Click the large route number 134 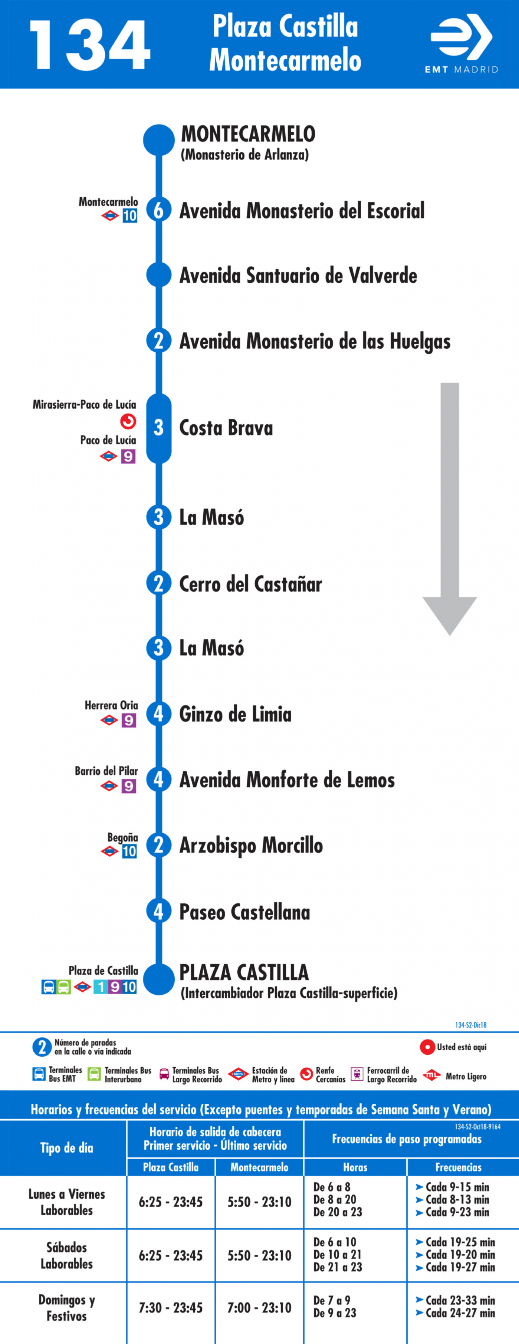pyautogui.click(x=90, y=45)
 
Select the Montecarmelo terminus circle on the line pyautogui.click(x=159, y=140)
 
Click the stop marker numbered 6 pyautogui.click(x=159, y=210)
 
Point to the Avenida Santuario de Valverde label pyautogui.click(x=298, y=276)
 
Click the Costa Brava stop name pyautogui.click(x=226, y=428)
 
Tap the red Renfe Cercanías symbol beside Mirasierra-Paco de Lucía pyautogui.click(x=128, y=421)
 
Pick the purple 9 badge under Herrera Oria pyautogui.click(x=128, y=721)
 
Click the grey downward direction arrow pyautogui.click(x=450, y=509)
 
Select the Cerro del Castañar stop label pyautogui.click(x=251, y=584)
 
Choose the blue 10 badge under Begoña pyautogui.click(x=129, y=851)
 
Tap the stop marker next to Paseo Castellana pyautogui.click(x=159, y=912)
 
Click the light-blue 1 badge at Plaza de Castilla pyautogui.click(x=101, y=987)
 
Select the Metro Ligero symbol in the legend pyautogui.click(x=431, y=1075)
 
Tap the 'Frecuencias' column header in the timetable pyautogui.click(x=459, y=1167)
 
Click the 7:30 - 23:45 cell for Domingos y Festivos pyautogui.click(x=170, y=1308)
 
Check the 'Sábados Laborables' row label pyautogui.click(x=67, y=1256)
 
